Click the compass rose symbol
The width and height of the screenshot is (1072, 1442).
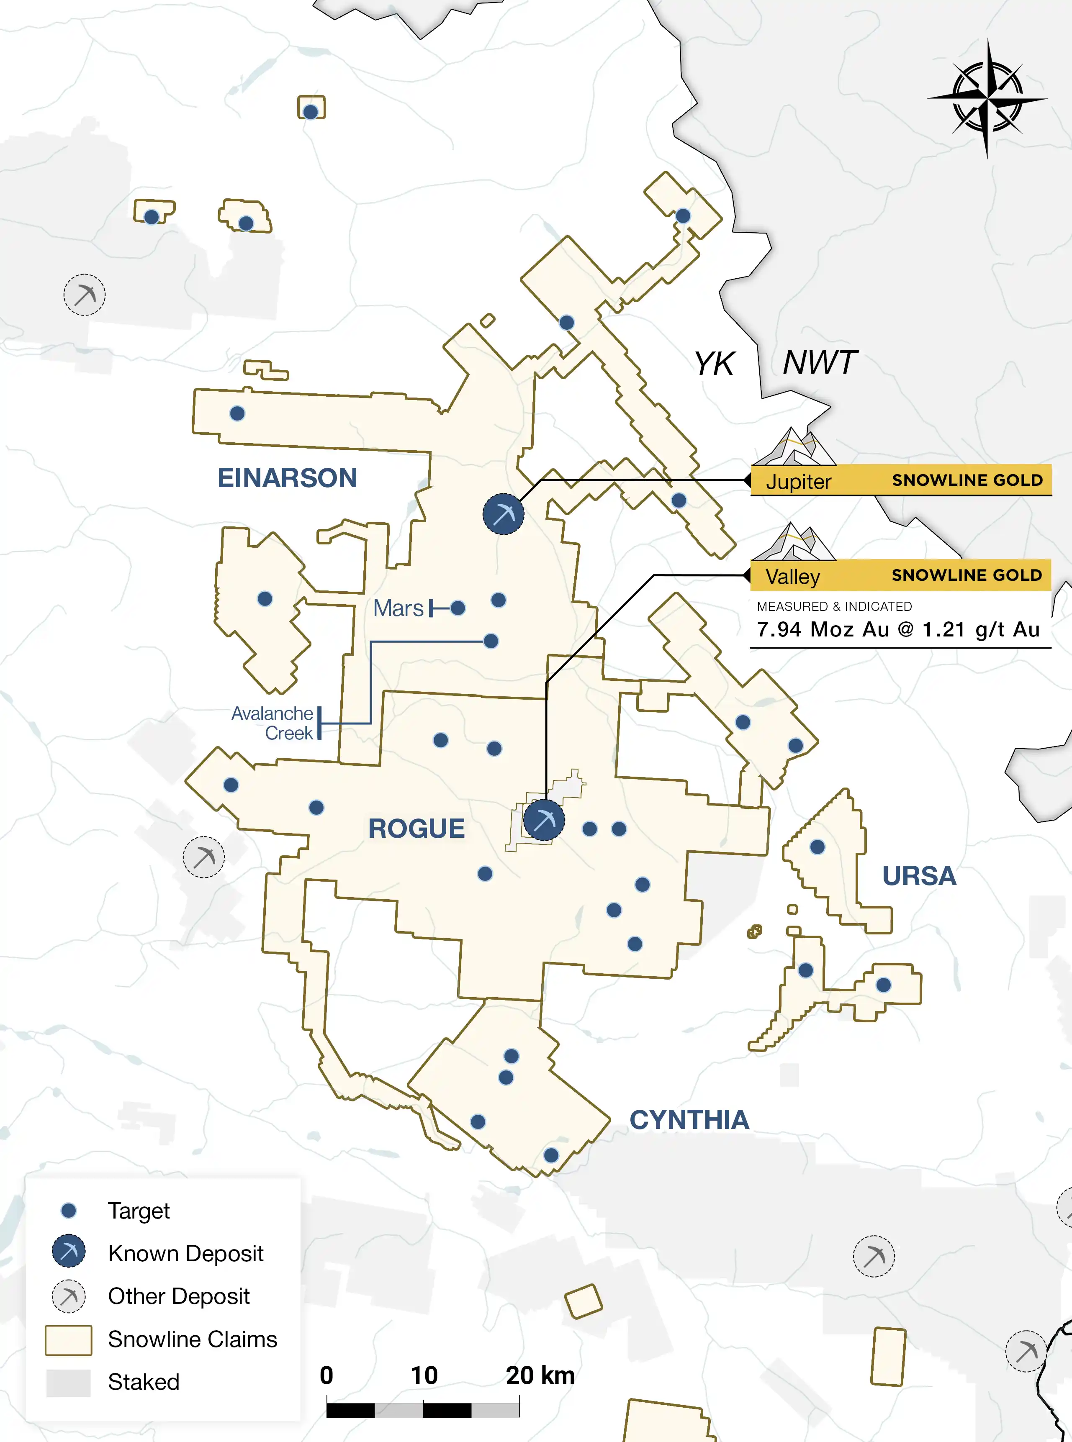pos(987,99)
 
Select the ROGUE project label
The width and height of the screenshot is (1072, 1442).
pos(416,829)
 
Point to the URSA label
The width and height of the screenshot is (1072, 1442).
pos(919,876)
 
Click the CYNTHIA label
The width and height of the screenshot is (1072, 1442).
pos(689,1120)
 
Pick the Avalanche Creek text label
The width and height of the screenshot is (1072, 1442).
pos(273,723)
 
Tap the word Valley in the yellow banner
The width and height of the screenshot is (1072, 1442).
pos(792,577)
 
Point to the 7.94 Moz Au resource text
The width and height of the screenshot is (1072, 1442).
pos(898,629)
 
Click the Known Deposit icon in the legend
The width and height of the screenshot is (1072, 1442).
pos(68,1251)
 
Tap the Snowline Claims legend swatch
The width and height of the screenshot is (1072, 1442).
pos(68,1339)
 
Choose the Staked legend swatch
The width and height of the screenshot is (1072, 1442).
pos(68,1382)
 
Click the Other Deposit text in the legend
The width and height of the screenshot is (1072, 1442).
pos(178,1296)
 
